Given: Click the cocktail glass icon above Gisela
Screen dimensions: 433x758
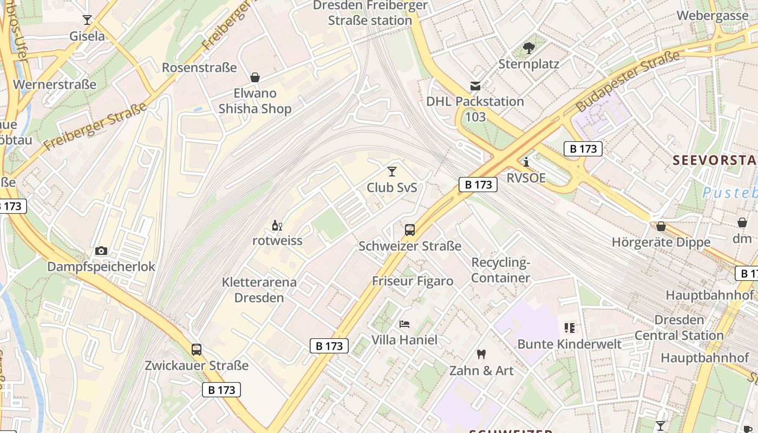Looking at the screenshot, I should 87,20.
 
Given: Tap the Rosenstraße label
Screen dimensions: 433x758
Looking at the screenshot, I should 199,68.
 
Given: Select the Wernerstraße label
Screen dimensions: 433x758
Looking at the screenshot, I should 55,84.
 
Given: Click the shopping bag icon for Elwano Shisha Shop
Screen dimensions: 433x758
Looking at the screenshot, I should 254,77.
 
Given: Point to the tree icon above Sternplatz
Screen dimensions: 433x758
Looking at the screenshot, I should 528,48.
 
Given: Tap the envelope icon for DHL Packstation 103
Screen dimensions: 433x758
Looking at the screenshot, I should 475,86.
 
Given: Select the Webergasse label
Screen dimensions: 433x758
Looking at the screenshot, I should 712,15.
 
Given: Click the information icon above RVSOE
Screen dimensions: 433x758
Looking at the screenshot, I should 526,162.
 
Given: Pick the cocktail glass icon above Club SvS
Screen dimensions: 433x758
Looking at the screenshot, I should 392,172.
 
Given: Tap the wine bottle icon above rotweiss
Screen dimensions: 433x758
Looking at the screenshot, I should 277,225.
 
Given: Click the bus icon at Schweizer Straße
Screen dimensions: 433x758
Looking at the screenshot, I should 410,230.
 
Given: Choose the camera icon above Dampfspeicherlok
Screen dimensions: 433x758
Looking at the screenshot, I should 101,251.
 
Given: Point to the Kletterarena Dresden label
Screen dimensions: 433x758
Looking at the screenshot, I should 259,290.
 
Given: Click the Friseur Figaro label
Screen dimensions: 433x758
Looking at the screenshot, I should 413,281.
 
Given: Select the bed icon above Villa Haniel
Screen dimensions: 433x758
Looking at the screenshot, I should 404,324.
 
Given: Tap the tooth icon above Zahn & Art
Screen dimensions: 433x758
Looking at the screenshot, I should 481,355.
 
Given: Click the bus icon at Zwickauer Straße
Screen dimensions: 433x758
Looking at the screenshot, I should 197,350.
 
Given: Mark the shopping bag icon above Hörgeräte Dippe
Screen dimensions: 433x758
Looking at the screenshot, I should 661,226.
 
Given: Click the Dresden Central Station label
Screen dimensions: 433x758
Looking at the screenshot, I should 679,327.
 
